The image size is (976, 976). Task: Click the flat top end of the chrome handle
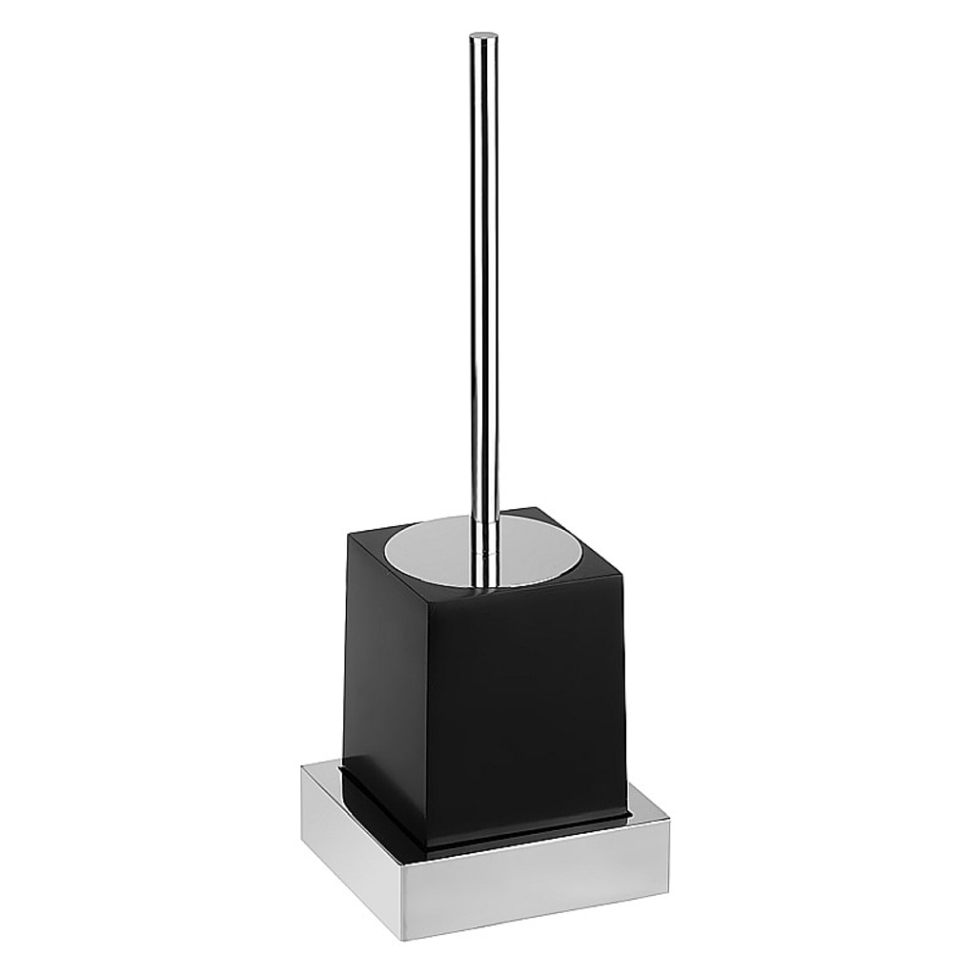pyautogui.click(x=484, y=37)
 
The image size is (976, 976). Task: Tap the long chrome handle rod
pyautogui.click(x=484, y=286)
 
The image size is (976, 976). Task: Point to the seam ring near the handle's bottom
pyautogui.click(x=486, y=551)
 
